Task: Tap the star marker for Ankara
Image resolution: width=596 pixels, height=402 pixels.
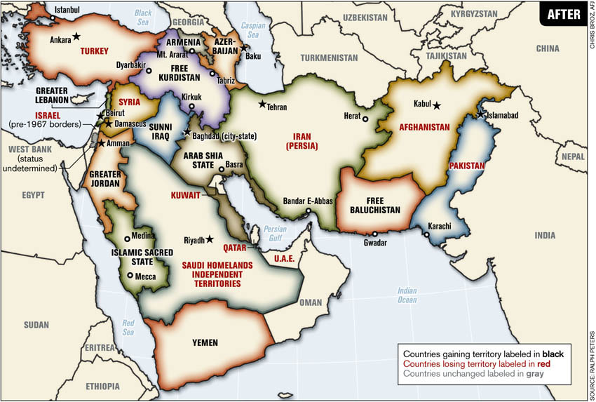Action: [x=76, y=36]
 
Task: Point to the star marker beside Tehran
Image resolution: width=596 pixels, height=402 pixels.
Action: [x=262, y=105]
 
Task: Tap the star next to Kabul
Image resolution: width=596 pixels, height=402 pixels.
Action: [x=437, y=105]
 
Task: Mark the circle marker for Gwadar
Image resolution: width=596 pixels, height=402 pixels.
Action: [x=374, y=234]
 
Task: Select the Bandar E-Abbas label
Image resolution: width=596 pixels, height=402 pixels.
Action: [x=307, y=201]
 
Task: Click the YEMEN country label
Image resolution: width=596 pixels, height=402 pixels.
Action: [x=205, y=343]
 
